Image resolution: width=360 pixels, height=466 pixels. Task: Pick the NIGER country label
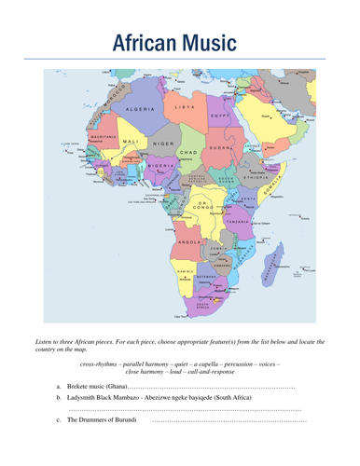[163, 144]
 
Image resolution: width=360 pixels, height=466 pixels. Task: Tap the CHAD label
[190, 152]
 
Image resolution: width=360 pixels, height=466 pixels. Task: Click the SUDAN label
[222, 147]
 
